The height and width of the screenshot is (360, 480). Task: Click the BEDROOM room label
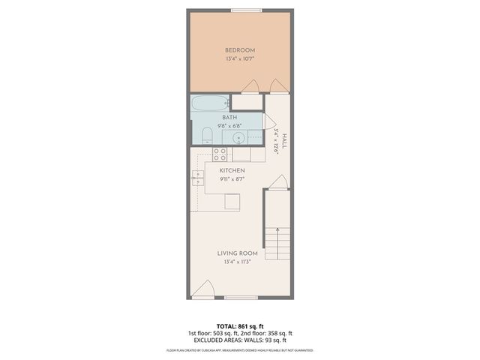240,50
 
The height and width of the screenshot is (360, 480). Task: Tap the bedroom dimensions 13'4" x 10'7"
240,58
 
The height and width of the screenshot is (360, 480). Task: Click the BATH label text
229,118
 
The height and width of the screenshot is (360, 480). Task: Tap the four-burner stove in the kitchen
220,154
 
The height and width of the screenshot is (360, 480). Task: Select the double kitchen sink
198,178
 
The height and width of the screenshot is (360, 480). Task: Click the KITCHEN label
232,171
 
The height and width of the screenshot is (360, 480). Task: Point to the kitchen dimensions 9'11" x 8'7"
232,179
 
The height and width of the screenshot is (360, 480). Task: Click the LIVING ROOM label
232,253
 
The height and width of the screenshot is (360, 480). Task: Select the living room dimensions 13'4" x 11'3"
232,262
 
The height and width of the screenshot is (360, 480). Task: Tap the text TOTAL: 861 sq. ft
239,325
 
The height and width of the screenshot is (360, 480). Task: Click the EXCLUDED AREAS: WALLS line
239,340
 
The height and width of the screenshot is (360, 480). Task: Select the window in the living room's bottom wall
241,298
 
